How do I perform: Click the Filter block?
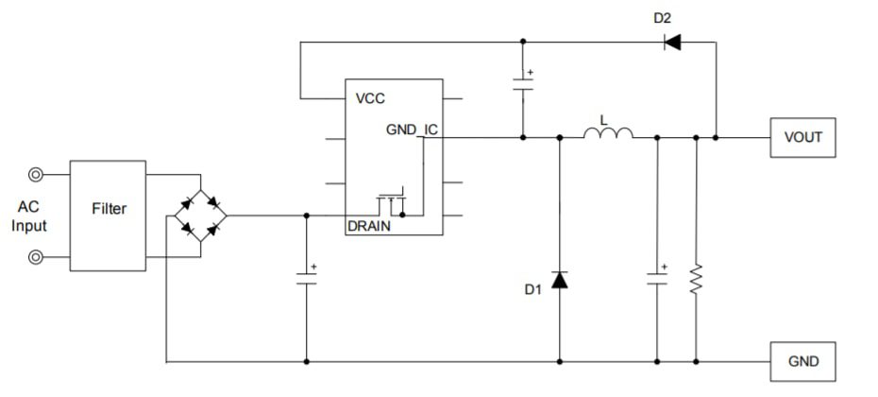pos(108,209)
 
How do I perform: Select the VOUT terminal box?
pos(802,137)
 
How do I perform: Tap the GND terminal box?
pos(802,361)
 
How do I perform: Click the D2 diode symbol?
pos(672,42)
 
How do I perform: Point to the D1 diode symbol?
pos(560,280)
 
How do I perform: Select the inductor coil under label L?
pos(608,135)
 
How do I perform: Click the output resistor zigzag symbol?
pos(696,278)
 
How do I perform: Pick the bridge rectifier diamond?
pos(200,215)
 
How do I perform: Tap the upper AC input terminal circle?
pos(36,175)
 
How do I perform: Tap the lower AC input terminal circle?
pos(36,255)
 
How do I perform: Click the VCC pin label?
pos(370,98)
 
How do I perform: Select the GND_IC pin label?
pos(412,129)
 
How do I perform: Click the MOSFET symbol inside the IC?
pos(392,201)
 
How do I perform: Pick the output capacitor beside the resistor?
pos(656,278)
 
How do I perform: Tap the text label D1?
pos(533,290)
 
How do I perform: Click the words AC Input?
pos(29,217)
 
